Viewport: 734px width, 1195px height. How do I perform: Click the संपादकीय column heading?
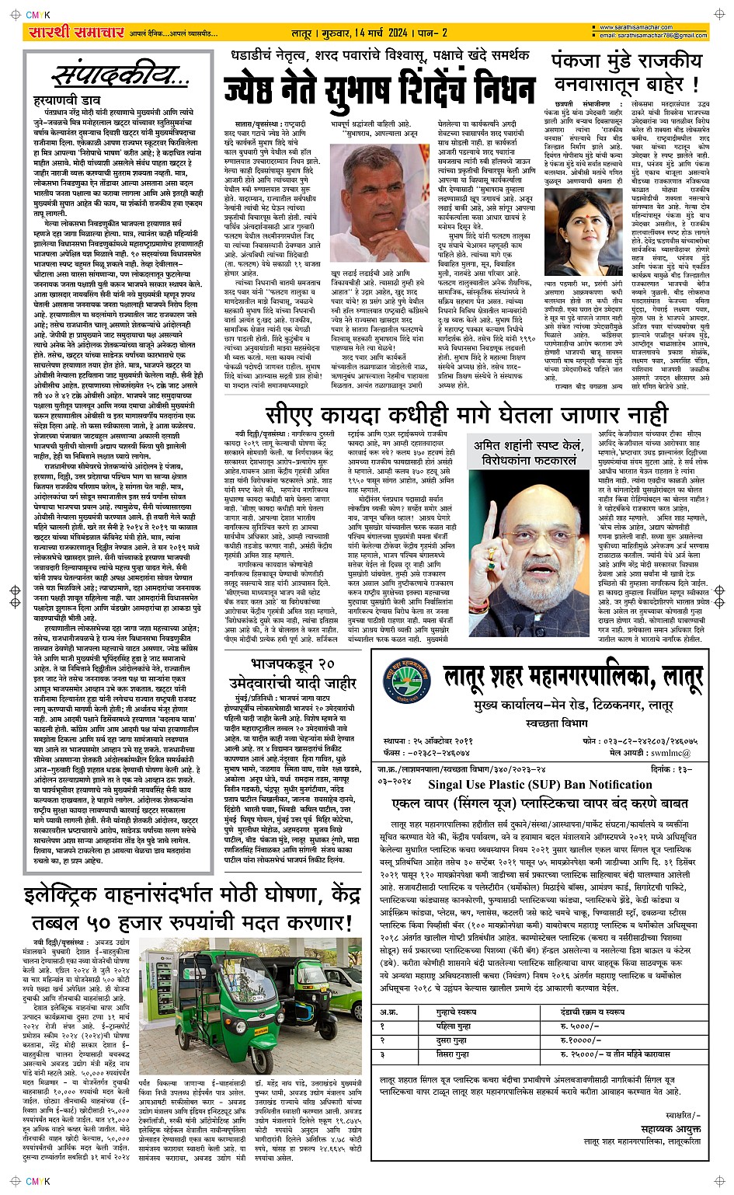coord(120,76)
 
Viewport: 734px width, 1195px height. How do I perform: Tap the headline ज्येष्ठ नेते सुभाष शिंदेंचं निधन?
coord(380,87)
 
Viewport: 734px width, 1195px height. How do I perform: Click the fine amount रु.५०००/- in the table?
coord(579,1026)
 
